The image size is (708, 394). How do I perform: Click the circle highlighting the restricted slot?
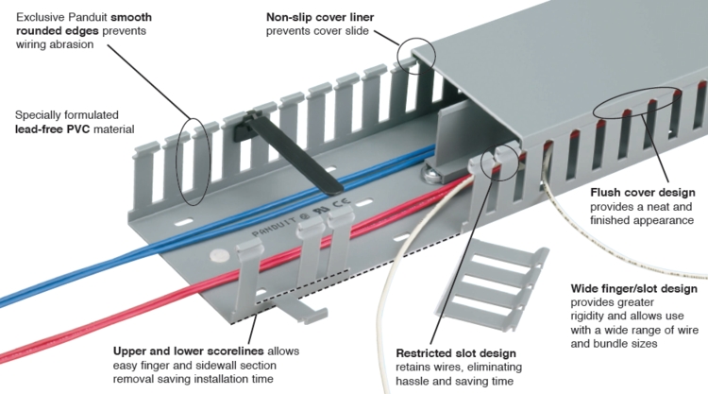click(497, 162)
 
